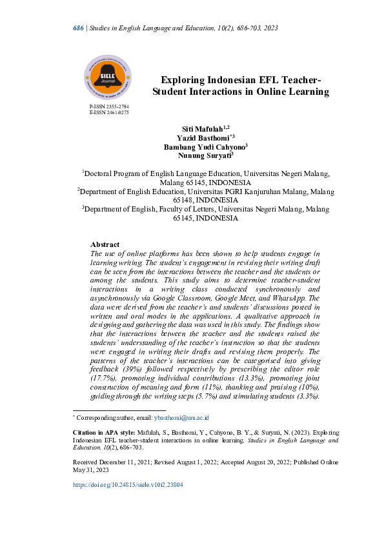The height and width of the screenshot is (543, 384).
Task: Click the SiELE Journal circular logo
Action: point(108,76)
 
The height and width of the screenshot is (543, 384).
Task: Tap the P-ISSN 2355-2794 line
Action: point(109,105)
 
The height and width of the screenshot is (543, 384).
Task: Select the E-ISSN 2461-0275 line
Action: point(109,112)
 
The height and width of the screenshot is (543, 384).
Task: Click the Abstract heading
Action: point(105,244)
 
